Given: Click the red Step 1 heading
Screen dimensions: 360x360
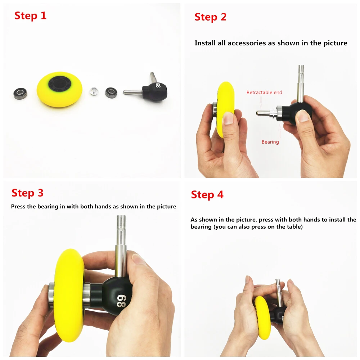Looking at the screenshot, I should pos(31,16).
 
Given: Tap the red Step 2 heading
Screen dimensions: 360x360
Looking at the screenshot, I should pos(210,17).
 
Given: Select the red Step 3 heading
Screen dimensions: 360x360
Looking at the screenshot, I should pos(27,193).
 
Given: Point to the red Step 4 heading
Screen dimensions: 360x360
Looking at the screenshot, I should pos(207,195).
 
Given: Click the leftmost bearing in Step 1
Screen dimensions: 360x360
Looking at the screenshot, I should pos(20,93).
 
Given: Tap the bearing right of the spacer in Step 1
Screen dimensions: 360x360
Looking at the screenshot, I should pos(111,92).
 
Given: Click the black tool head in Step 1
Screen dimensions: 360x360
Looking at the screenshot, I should pos(155,92).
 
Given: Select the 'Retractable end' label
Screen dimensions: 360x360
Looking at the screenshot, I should pos(264,93).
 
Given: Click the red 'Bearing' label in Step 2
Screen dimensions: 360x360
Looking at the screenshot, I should pos(270,142).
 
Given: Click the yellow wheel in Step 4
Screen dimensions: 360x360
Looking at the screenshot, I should pos(262,317).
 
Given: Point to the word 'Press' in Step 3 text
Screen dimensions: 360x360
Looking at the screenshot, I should pos(18,207).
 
